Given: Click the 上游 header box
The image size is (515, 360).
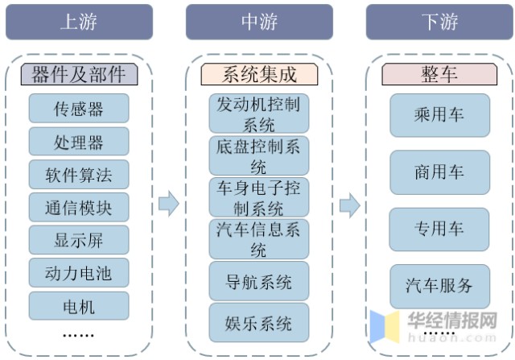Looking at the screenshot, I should point(79,22).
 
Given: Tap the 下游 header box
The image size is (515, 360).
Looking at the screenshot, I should point(439,22).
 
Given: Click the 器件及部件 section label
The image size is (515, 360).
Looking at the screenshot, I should point(79,75).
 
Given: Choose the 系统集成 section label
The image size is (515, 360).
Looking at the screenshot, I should point(259,75).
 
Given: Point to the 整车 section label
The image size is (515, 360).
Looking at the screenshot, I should point(439,75).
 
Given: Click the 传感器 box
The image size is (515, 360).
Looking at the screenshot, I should point(79,108).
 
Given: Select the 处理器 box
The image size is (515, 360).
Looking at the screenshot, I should point(79,142).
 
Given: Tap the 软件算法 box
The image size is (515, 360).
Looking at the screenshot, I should point(79,175).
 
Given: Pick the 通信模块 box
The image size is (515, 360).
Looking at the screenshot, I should point(79,208).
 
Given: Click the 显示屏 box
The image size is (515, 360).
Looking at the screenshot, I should point(79,241).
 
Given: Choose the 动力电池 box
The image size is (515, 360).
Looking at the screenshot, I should point(79,274).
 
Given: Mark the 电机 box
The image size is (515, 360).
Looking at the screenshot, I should point(79,306).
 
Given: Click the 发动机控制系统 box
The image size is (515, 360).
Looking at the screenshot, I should point(259,114).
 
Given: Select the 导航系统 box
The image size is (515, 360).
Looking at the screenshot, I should point(259,282).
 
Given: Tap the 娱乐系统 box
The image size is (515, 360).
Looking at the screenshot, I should point(259,324).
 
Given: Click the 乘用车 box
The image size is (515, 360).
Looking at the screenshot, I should point(439,115).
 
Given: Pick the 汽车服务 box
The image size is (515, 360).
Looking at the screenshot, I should point(439,286).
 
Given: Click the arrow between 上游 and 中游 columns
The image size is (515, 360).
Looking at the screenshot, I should point(168,205).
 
